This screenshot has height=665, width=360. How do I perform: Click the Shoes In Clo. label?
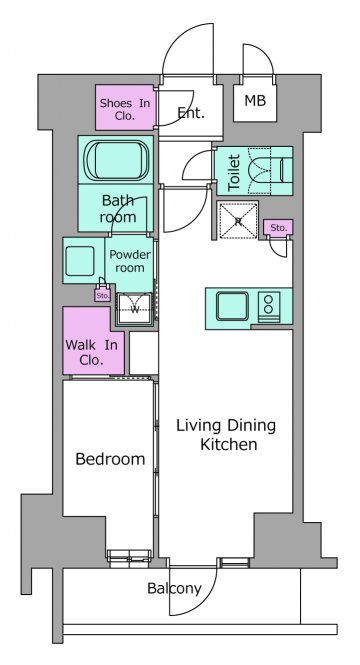[125, 109]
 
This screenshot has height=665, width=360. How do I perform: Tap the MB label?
[255, 101]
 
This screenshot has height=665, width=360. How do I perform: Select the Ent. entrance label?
[191, 112]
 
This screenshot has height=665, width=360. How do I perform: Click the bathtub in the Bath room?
[117, 160]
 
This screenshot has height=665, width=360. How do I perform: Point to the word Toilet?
[234, 172]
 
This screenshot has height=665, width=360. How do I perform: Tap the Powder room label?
[130, 261]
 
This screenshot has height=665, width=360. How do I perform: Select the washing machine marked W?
[134, 308]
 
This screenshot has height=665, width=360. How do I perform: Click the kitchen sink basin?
[232, 306]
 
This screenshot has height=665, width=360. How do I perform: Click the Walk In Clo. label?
[91, 352]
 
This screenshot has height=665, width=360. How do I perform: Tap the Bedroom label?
[110, 459]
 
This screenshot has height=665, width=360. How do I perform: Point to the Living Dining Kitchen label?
[226, 434]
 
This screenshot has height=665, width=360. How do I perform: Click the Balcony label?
[174, 588]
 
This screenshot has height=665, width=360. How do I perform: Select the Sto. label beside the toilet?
[278, 228]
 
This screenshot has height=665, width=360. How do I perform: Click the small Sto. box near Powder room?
[102, 295]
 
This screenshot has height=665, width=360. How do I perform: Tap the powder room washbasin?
[80, 261]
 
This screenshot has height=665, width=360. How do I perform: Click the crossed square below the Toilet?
[237, 221]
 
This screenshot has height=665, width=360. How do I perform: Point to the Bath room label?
[118, 209]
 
